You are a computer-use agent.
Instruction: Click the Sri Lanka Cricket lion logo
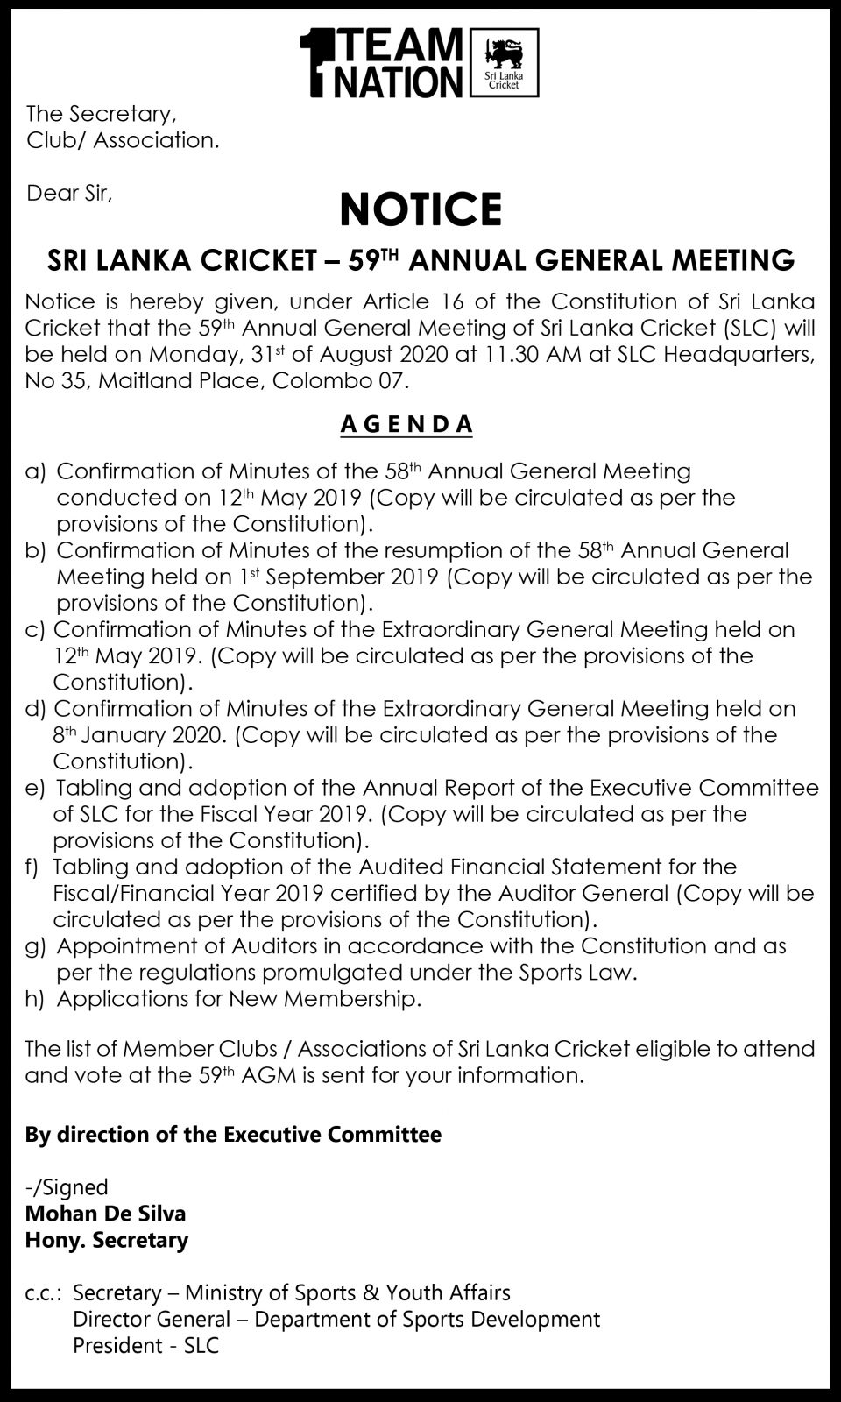coord(504,61)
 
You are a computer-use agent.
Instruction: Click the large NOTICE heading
coord(420,209)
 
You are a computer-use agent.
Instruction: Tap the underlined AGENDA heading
coord(406,424)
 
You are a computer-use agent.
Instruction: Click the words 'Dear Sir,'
coord(69,193)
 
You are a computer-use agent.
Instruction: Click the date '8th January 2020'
coord(139,734)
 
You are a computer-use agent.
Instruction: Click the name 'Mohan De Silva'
coord(105,1214)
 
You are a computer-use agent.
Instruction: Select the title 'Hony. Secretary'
coord(106,1240)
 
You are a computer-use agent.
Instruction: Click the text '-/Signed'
coord(67,1187)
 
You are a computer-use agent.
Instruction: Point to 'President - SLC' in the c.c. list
coord(145,1345)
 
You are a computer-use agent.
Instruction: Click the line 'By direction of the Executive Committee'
coord(233,1135)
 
